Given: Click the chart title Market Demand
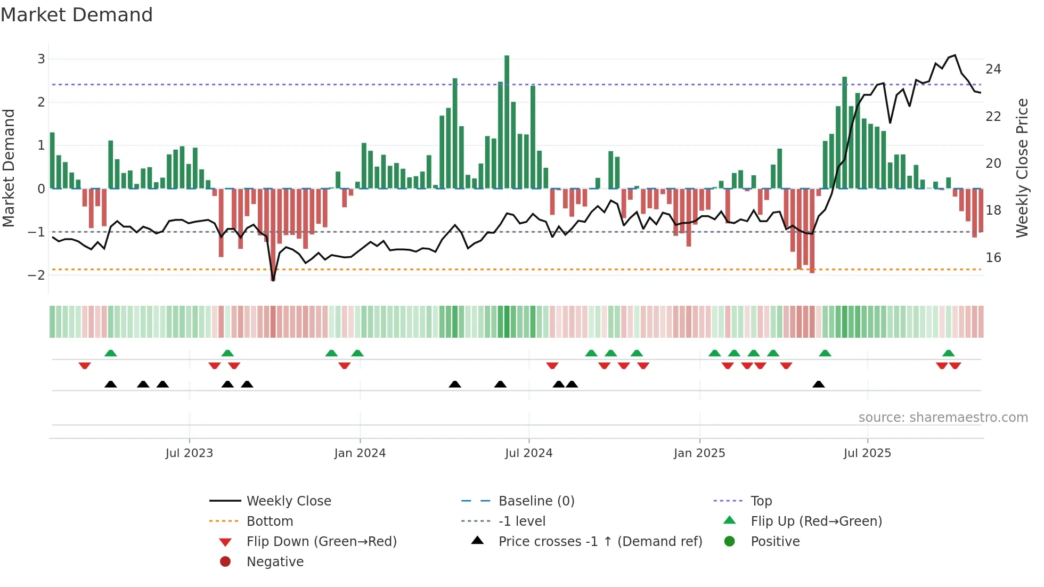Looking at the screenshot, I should click(x=77, y=15).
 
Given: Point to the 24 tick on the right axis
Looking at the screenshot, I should click(x=993, y=69).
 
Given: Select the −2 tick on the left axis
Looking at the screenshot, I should click(x=36, y=275).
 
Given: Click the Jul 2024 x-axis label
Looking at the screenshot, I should click(x=528, y=453).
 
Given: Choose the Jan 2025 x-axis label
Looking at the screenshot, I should click(x=699, y=453).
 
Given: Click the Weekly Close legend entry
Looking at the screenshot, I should click(x=288, y=501).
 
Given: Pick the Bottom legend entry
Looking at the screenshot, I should click(x=270, y=521).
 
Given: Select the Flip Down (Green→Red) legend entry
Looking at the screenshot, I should click(x=321, y=542).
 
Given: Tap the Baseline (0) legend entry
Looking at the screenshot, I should click(x=536, y=501).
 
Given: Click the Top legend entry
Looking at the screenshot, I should click(x=761, y=501).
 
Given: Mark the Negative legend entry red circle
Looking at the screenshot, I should click(x=225, y=562).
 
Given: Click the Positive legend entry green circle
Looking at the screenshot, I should click(x=730, y=542).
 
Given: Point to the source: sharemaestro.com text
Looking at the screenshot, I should click(x=943, y=418).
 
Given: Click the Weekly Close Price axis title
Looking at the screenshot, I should click(x=1022, y=168).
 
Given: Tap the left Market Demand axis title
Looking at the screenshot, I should click(x=9, y=168).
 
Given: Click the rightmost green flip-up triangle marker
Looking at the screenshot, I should click(x=948, y=353).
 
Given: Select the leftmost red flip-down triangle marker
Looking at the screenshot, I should click(x=85, y=365).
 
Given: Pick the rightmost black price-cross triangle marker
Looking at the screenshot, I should click(x=819, y=384).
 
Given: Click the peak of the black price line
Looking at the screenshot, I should click(x=955, y=55).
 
